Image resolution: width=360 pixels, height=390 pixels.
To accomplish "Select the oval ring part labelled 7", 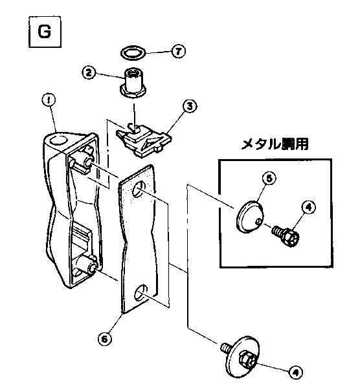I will tap(133, 50).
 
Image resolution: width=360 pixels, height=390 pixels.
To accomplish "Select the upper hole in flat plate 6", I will tap(137, 190).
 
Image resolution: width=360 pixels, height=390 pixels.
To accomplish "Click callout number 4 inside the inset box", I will tap(308, 208).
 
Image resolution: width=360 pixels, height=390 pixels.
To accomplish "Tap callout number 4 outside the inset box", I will tap(295, 372).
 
